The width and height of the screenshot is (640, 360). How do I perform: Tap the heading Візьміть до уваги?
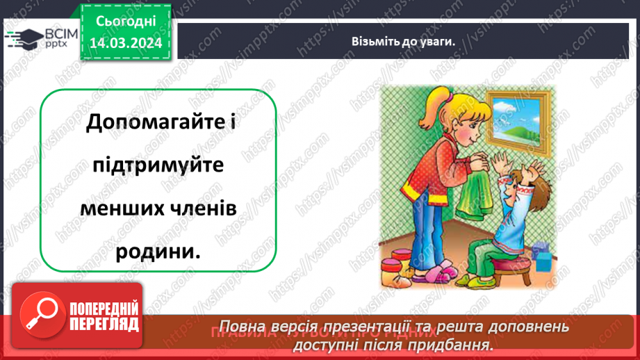(403, 41)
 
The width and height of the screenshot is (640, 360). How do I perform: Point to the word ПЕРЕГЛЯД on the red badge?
(104, 324)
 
